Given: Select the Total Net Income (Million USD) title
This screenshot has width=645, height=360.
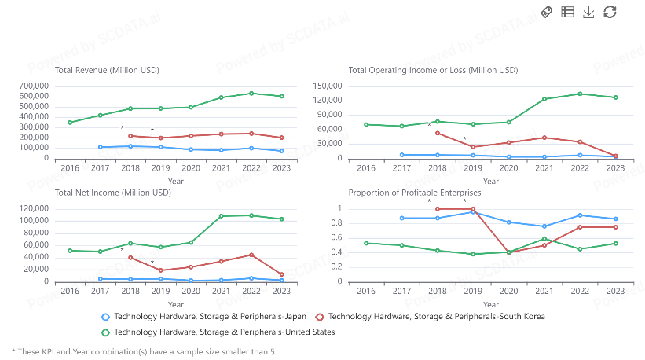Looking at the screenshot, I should (x=112, y=193).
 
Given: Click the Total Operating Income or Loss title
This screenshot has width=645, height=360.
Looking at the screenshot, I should (x=433, y=70).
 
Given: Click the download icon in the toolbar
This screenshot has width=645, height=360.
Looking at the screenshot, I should (x=588, y=12).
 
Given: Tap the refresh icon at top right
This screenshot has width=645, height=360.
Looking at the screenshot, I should (x=610, y=12).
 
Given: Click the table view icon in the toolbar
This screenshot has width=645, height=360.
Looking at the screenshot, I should (x=567, y=12).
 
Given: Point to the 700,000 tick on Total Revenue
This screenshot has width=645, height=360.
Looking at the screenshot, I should (x=32, y=86).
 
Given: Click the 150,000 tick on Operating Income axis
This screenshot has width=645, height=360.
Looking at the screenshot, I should (x=327, y=86).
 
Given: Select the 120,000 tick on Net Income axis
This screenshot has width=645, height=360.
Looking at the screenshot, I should (x=32, y=208).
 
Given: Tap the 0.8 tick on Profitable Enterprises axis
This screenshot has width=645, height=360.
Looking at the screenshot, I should (x=335, y=223).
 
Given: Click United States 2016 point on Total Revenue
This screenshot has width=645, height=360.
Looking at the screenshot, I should (x=70, y=123).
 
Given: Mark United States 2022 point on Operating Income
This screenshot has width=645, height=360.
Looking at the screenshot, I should (x=580, y=94).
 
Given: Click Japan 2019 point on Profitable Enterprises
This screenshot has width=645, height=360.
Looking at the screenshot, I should (x=473, y=212).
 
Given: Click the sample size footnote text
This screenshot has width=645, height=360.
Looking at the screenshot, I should (x=144, y=351).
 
